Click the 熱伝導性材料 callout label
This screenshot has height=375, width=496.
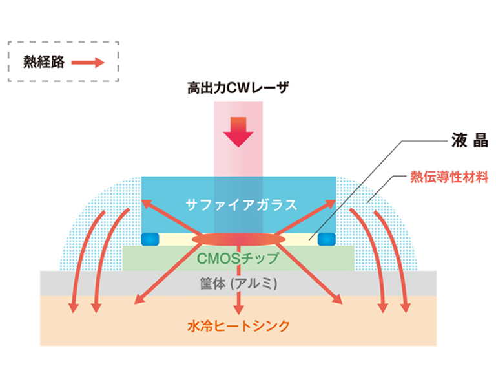[x=450, y=177]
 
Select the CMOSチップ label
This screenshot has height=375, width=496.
[x=238, y=259]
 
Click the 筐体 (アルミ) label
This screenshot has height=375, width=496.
[x=239, y=283]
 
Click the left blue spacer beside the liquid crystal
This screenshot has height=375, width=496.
[x=151, y=239]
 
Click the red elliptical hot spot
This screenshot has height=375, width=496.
[x=238, y=239]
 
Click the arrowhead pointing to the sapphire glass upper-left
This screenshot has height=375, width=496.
[x=147, y=204]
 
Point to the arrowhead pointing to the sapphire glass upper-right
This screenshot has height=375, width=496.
[x=331, y=204]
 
